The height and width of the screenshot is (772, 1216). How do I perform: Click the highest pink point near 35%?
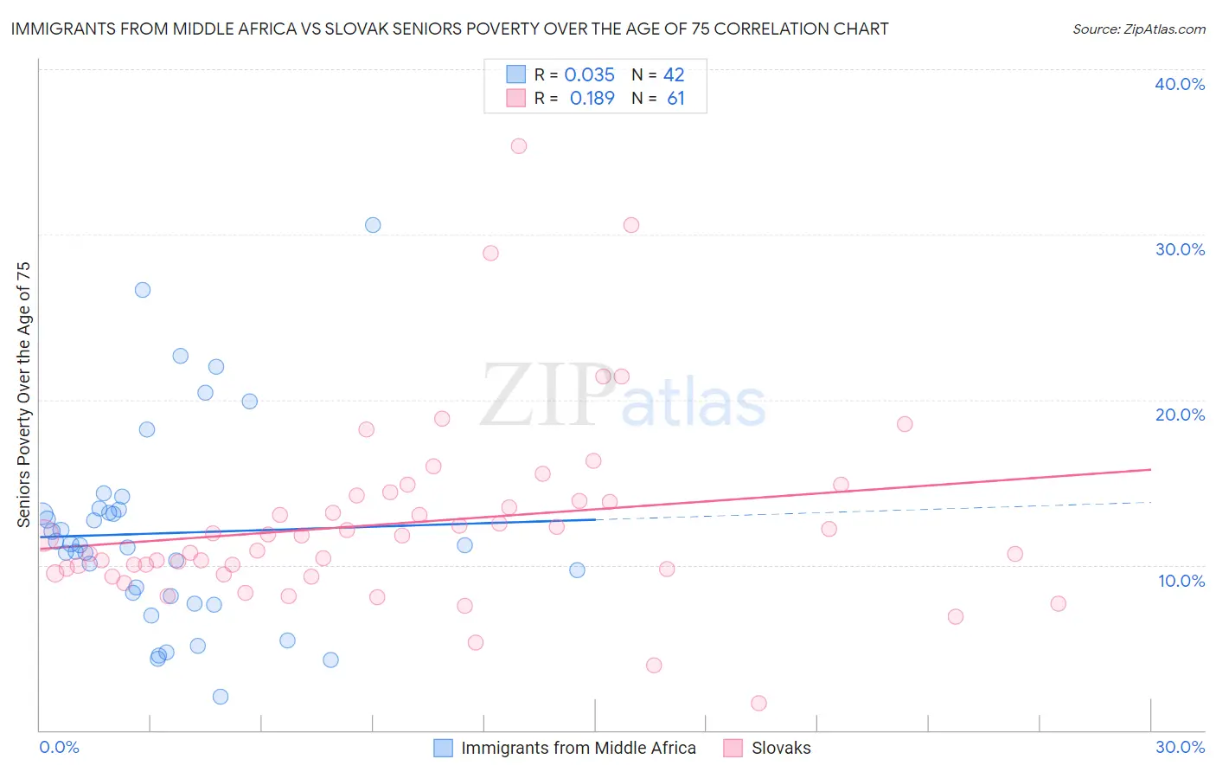519,146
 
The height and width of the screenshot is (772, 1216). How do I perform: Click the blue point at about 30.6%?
373,225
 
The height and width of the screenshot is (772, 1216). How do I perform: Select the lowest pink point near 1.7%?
758,703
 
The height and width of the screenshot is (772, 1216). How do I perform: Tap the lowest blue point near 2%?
221,697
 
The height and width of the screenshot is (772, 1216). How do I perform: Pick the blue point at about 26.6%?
143,290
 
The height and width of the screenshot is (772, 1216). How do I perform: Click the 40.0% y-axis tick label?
1180,84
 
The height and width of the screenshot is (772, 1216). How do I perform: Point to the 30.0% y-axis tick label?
1180,249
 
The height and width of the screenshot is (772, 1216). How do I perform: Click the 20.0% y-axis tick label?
1180,415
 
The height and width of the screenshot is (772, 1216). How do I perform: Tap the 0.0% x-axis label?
59,747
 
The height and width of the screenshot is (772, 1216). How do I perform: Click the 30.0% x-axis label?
1180,747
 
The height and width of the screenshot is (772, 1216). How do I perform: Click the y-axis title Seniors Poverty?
23,394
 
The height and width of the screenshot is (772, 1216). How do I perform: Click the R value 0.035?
589,75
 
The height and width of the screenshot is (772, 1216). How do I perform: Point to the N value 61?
675,99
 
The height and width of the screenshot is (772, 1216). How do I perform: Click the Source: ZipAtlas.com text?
1138,29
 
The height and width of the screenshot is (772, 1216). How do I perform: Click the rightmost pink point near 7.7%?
1058,603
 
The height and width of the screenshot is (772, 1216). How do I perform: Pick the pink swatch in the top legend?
516,98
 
